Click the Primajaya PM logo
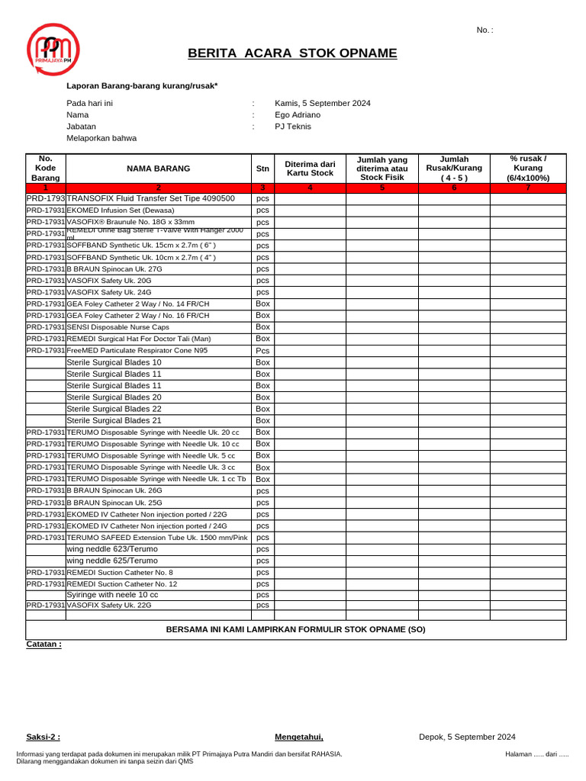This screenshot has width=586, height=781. tap(53, 49)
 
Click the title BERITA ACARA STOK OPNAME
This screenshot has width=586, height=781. tap(292, 53)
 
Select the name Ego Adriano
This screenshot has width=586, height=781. tap(298, 114)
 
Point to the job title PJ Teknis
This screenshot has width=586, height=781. tap(293, 127)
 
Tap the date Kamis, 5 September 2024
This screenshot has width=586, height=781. tap(322, 103)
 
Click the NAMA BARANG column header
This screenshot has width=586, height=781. tap(158, 169)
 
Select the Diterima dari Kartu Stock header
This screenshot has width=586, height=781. tap(309, 169)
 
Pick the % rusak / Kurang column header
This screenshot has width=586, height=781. tap(527, 169)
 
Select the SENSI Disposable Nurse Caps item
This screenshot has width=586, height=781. tap(118, 326)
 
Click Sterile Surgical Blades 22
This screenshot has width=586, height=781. tap(114, 409)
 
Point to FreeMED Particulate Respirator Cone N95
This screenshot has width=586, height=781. tap(137, 351)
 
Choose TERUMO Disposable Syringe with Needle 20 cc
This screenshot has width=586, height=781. tap(153, 432)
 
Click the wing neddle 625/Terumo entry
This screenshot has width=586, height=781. tap(112, 561)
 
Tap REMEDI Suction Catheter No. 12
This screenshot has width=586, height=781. tap(121, 583)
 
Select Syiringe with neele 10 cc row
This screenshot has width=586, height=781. tap(112, 595)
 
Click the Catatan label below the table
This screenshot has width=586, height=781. tap(43, 644)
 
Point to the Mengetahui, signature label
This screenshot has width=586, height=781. tap(298, 737)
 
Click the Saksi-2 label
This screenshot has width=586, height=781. tap(43, 737)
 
